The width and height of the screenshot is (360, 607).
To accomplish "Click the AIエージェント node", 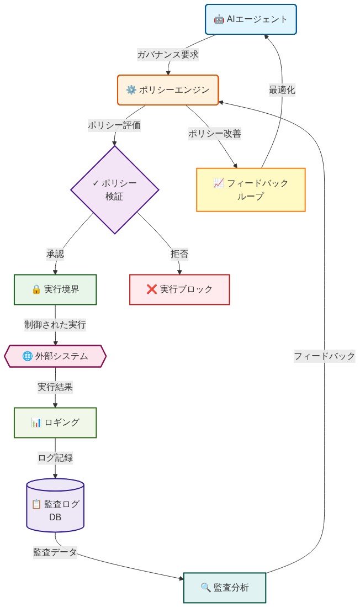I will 251,19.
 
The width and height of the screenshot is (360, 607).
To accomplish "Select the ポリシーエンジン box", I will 168,89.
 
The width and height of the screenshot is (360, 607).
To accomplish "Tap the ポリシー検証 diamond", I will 115,189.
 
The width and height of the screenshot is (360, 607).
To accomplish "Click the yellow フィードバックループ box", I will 251,189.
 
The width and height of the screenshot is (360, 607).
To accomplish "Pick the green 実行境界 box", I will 55,289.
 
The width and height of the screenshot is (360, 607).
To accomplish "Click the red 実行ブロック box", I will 179,289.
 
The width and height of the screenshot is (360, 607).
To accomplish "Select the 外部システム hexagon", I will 55,356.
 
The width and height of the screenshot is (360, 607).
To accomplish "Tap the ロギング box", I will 55,423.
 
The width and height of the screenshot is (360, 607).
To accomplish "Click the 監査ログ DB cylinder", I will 55,505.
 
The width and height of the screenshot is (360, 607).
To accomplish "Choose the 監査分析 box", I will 225,588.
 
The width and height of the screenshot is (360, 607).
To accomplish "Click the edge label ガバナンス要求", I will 168,55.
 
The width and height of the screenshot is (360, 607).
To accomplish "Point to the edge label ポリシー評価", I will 114,125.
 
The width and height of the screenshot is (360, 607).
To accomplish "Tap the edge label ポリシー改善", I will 215,134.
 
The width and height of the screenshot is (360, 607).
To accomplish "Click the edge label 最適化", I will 282,90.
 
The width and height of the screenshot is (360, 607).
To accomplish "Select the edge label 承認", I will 55,254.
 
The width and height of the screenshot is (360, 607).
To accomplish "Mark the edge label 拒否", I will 179,254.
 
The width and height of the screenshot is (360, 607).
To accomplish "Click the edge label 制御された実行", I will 55,324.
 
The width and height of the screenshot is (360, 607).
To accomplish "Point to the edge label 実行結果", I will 55,387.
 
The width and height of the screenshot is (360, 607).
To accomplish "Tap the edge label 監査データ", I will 55,552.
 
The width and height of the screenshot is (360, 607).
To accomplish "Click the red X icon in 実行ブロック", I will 152,289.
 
